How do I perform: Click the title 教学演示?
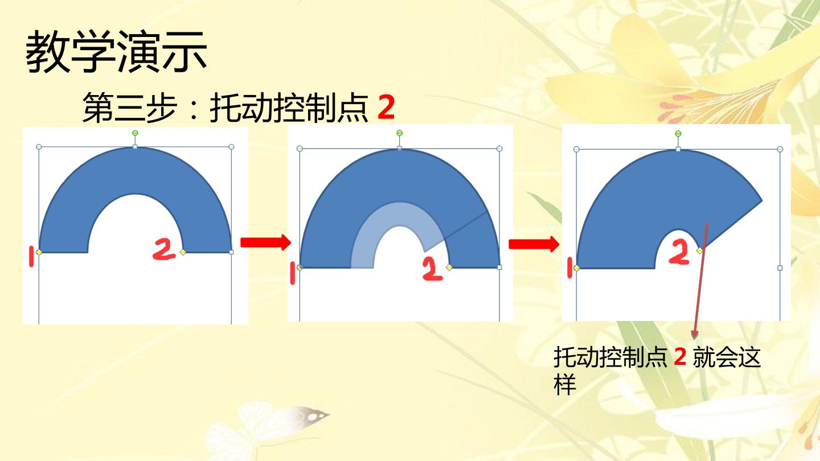pyautogui.click(x=116, y=52)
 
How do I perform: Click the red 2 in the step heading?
pyautogui.click(x=386, y=107)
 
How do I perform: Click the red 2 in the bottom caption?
pyautogui.click(x=680, y=357)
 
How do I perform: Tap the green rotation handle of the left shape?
pyautogui.click(x=135, y=133)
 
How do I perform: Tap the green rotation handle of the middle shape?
pyautogui.click(x=399, y=133)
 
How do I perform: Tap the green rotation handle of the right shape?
pyautogui.click(x=678, y=134)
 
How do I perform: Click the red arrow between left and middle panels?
pyautogui.click(x=266, y=242)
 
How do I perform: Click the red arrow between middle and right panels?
pyautogui.click(x=534, y=244)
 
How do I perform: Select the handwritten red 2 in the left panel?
pyautogui.click(x=164, y=249)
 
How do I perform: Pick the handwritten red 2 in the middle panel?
pyautogui.click(x=432, y=269)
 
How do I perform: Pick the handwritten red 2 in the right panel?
pyautogui.click(x=679, y=252)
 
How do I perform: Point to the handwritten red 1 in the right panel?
pyautogui.click(x=569, y=268)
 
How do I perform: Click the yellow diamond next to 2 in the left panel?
pyautogui.click(x=183, y=252)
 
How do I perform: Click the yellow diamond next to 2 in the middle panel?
pyautogui.click(x=449, y=267)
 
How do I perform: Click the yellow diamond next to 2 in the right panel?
pyautogui.click(x=699, y=250)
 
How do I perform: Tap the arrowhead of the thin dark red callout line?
pyautogui.click(x=695, y=335)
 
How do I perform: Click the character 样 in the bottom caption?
pyautogui.click(x=565, y=384)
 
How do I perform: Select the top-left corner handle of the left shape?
pyautogui.click(x=39, y=147)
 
